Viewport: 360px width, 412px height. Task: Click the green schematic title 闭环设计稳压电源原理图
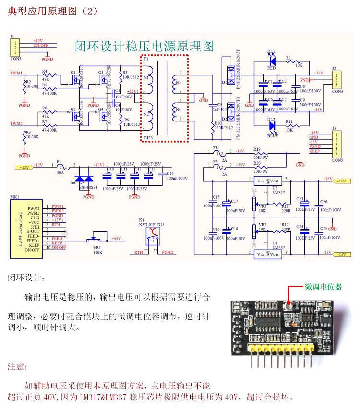pyautogui.click(x=144, y=47)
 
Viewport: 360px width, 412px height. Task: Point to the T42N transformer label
pyautogui.click(x=149, y=137)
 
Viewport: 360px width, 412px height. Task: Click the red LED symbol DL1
pyautogui.click(x=272, y=61)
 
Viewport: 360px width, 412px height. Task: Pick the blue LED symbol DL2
pyautogui.click(x=272, y=126)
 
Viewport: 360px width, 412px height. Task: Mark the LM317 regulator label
pyautogui.click(x=278, y=192)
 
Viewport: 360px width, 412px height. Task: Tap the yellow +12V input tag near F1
pyautogui.click(x=24, y=167)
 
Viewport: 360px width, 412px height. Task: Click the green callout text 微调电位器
pyautogui.click(x=324, y=287)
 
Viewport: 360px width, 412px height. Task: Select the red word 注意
pyautogui.click(x=18, y=366)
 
